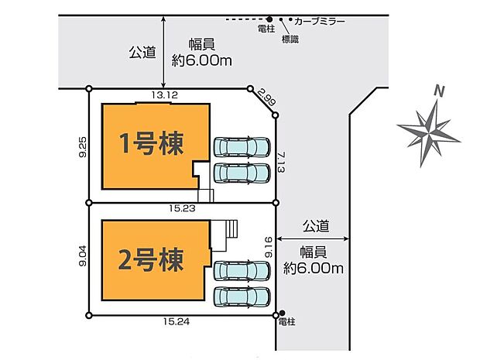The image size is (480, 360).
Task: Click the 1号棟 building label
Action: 152,143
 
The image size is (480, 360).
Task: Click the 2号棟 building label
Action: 151,259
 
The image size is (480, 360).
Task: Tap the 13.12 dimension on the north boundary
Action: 165,95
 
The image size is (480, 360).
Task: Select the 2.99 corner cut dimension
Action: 264,98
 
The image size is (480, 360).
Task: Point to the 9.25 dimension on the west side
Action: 83,147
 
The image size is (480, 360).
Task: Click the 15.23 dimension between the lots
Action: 182,208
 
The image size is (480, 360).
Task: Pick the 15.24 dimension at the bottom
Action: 176,322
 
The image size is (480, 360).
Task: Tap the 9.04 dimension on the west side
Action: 83,256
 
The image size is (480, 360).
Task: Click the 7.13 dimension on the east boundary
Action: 281,163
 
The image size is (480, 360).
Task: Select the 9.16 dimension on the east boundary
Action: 269,247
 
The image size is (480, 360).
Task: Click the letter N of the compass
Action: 440,91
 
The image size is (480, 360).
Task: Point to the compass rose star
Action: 429,133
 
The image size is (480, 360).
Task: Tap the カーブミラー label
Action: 320,21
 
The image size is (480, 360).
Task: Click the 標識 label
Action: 290,39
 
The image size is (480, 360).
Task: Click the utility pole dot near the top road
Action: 269,19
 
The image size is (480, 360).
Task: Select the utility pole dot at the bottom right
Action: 283,313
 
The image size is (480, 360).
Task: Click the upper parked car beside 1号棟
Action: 242,147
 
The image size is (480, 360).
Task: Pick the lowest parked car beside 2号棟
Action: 242,297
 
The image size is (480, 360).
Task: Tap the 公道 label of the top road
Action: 142,53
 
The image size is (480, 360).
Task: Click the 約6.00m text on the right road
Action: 314,269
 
